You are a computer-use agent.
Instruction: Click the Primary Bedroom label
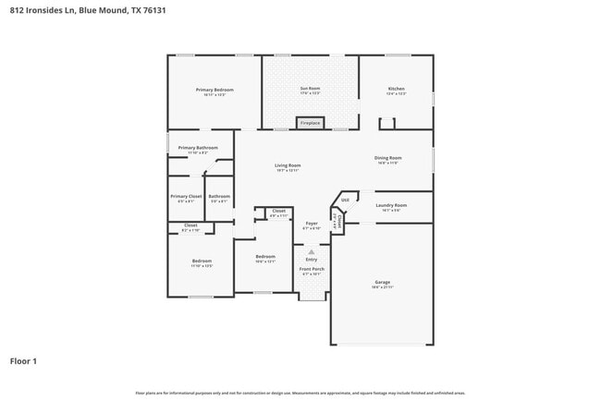point(215,90)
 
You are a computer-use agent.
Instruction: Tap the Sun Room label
point(309,90)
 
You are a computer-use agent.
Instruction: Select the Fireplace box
point(310,123)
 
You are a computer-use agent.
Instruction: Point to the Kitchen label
point(396,90)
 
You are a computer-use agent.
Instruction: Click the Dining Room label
point(387,158)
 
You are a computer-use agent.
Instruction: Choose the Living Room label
point(288,165)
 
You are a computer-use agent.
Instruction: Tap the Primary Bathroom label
point(198,148)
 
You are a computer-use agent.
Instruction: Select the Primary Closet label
point(186,196)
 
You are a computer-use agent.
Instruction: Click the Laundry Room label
point(391,205)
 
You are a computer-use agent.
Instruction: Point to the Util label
point(345,200)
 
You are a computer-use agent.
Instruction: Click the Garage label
point(382,282)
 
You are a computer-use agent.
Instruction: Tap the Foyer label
point(312,223)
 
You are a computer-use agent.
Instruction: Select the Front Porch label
point(312,269)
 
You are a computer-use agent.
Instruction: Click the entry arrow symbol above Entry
point(312,251)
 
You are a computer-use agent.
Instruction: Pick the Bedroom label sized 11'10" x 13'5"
point(202,261)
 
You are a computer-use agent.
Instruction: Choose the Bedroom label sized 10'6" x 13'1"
point(265,256)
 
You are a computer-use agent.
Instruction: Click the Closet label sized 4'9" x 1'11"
point(278,212)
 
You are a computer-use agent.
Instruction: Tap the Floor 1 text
point(23,360)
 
